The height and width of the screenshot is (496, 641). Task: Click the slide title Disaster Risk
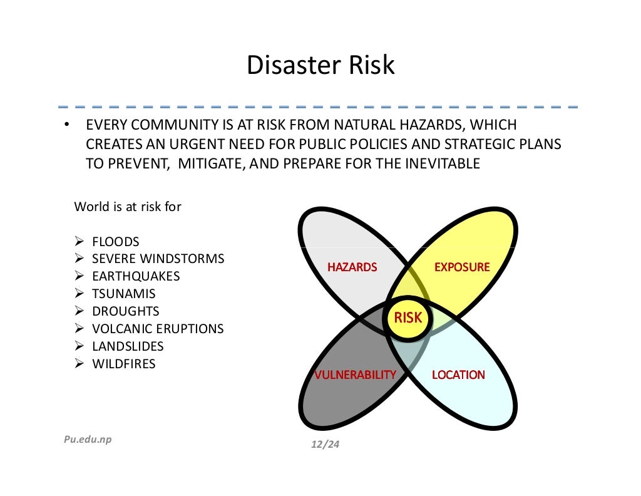point(320,65)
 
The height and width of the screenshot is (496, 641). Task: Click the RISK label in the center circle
point(408,318)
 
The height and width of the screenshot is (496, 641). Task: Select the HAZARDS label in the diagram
point(352,267)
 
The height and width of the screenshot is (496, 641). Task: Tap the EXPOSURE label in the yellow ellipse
point(462,267)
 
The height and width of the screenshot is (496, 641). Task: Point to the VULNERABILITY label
point(355,375)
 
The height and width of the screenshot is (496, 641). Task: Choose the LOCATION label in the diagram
point(458,375)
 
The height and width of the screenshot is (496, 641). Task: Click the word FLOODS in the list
point(116,242)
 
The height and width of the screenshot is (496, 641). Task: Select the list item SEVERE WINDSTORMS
point(158,259)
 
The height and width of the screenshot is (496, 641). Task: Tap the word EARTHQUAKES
point(136,276)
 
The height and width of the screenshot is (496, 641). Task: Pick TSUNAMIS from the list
point(124,294)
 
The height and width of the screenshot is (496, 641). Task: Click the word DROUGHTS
point(126,311)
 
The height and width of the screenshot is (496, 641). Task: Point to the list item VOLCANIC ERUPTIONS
point(158,329)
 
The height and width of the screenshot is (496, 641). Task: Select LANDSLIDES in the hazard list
point(128,346)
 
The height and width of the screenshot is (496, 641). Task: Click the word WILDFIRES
point(124,364)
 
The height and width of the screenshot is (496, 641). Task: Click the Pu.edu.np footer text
point(88,439)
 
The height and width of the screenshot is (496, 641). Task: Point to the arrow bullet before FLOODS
point(79,242)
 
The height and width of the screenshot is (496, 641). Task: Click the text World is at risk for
point(128,207)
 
